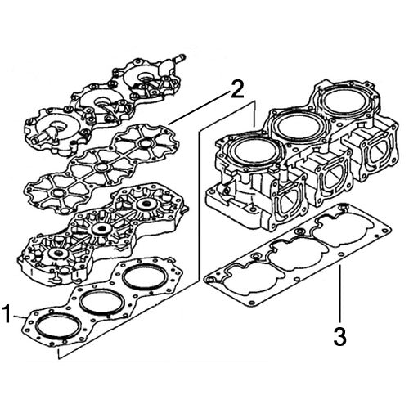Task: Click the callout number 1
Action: point(9,313)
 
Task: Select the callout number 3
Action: point(339,335)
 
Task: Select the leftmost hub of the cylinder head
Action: point(59,255)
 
